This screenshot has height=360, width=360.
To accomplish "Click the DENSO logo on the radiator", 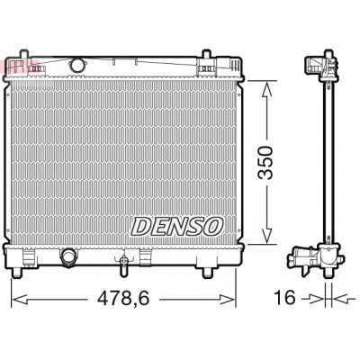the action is [x=177, y=227].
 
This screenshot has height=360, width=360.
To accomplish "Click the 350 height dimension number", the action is [x=265, y=163].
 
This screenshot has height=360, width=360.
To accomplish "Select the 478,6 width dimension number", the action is [x=123, y=299].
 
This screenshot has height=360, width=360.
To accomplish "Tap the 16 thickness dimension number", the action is [x=285, y=298].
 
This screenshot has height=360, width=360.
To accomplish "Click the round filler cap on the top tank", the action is [x=76, y=65].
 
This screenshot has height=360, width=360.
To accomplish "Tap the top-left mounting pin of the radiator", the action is [x=24, y=54].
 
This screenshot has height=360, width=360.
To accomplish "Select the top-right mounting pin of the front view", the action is [x=206, y=54].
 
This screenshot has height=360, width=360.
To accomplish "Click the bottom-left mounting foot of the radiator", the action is [x=17, y=272].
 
